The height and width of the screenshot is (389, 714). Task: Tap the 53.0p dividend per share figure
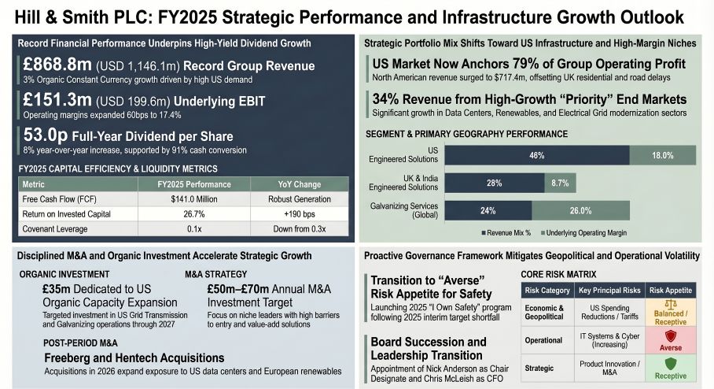point(46,135)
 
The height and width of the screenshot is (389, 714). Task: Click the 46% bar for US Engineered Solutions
point(537,156)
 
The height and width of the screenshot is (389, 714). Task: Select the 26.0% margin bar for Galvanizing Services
point(580,210)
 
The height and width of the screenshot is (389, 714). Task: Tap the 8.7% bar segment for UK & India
point(560,183)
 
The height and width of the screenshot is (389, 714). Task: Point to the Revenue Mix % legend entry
point(508,232)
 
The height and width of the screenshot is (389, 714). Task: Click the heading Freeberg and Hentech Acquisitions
point(134,358)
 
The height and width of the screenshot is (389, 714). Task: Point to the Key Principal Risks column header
point(611,291)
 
